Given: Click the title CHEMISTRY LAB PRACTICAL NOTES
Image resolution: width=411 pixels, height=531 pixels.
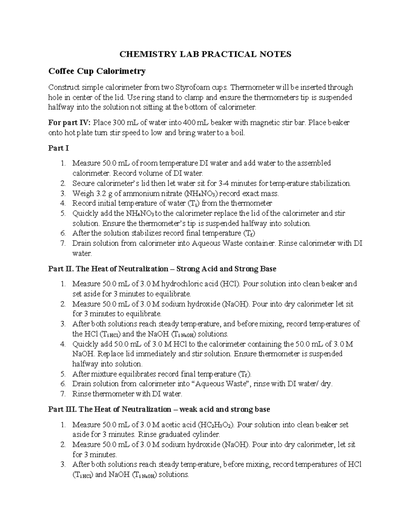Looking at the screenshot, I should pos(205,54).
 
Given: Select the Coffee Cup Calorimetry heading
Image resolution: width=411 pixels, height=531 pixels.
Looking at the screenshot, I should pos(97,71).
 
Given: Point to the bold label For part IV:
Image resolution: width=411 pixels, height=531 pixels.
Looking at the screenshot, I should pos(70,123).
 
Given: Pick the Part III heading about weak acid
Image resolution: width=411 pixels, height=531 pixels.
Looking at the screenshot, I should pos(159,410).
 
